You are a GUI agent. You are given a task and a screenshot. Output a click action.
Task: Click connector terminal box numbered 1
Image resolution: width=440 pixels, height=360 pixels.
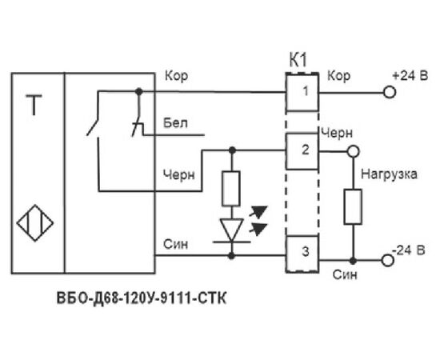click(x=302, y=92)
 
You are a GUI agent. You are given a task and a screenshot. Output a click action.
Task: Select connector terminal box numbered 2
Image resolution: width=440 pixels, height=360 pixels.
click(x=302, y=151)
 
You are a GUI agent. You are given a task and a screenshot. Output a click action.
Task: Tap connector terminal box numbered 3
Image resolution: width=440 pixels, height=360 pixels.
click(x=302, y=254)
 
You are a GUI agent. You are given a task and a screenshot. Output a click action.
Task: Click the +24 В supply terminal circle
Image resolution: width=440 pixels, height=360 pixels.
click(x=390, y=92)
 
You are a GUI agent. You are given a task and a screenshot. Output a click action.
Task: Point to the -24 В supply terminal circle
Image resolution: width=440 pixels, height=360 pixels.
click(x=388, y=261)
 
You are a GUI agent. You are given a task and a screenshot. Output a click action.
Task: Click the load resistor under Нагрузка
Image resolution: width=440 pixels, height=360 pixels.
click(x=353, y=206)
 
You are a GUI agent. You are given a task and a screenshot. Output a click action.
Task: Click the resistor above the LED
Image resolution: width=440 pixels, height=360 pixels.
click(x=231, y=189)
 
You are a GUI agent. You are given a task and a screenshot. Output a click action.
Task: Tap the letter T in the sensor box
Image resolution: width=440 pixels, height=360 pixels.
click(x=34, y=105)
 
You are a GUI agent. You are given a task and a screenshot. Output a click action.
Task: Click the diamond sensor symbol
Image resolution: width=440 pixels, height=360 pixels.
click(x=35, y=223)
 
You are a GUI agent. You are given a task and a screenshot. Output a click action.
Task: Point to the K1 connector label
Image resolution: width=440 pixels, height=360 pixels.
click(x=298, y=60)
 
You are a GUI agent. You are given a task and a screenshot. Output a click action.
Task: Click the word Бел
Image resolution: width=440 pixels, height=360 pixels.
click(x=175, y=123)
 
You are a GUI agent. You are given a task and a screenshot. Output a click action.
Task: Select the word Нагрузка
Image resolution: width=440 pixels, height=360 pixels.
click(x=389, y=174)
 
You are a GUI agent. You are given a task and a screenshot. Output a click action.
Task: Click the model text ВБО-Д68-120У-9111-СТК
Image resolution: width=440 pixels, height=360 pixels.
click(x=142, y=298)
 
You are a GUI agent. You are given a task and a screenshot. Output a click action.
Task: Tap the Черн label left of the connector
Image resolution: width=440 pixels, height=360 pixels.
click(x=179, y=175)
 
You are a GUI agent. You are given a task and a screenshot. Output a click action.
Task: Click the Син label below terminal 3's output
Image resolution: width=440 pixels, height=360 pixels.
click(x=345, y=274)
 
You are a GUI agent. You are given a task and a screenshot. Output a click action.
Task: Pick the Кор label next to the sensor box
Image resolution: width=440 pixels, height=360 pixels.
click(x=176, y=76)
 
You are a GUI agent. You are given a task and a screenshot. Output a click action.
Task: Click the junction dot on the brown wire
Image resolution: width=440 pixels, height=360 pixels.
click(x=139, y=91)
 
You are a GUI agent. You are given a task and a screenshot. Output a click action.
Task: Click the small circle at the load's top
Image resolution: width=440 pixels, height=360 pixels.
click(x=353, y=151)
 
